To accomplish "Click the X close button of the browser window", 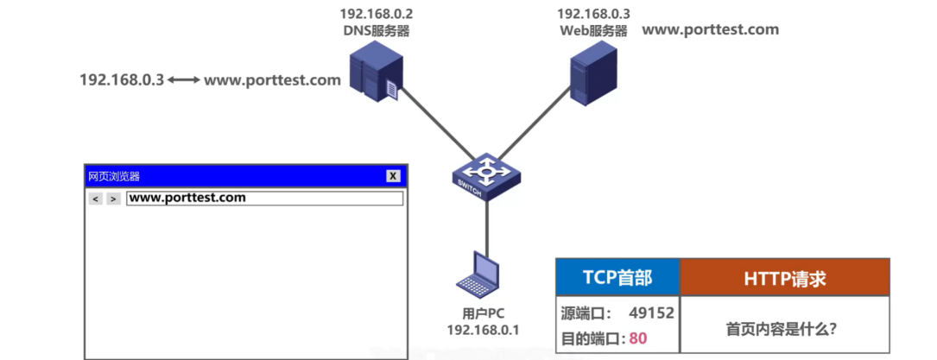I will (x=393, y=176).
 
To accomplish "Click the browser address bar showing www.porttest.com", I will (x=264, y=199).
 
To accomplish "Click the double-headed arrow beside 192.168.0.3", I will (x=184, y=80).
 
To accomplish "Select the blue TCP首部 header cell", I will (x=617, y=278).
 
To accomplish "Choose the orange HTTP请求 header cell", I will (x=784, y=278).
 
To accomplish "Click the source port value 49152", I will (x=652, y=313).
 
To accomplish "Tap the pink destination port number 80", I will (x=638, y=338).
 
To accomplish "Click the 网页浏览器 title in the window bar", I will (x=114, y=176).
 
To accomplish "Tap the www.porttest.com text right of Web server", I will (x=711, y=29).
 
